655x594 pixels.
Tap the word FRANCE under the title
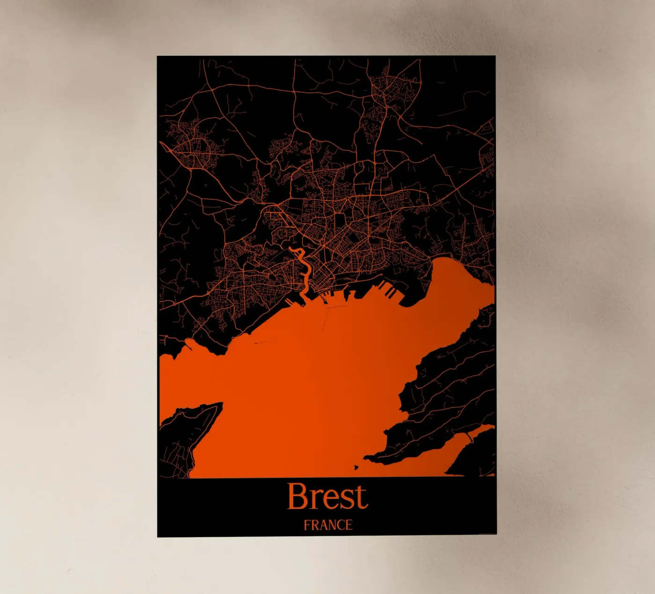(x=327, y=525)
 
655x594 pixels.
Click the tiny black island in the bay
(x=357, y=467)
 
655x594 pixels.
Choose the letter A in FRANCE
(x=322, y=525)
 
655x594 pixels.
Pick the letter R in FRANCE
(x=314, y=525)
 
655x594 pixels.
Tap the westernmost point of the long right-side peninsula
(x=367, y=456)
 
